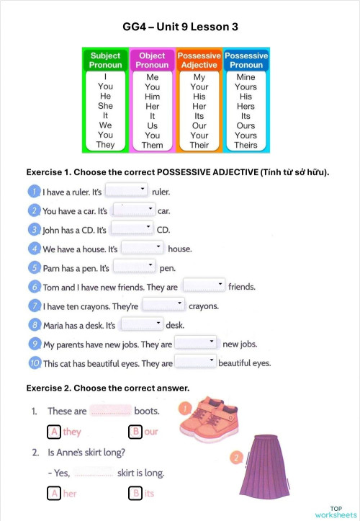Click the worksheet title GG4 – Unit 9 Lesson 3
(180, 27)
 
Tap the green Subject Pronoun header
(105, 60)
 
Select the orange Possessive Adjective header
(199, 60)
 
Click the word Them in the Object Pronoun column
(153, 145)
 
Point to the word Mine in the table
(246, 77)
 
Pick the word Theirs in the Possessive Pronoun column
(246, 145)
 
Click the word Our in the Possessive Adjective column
(199, 125)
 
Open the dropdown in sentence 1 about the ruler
(127, 191)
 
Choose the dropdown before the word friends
(204, 285)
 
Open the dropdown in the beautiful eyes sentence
(196, 362)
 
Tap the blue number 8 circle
(34, 325)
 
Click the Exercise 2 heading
(108, 388)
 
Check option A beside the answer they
(53, 432)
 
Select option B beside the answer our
(135, 432)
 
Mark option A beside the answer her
(53, 494)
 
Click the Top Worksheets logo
(335, 512)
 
